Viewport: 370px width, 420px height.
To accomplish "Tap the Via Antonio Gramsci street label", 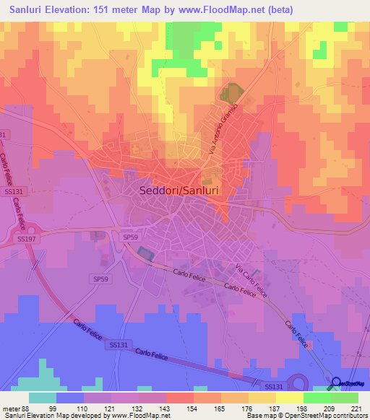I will [222, 131].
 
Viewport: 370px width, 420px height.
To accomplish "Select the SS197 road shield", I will [27, 238].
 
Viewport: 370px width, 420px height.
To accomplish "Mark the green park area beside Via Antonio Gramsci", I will [231, 94].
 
